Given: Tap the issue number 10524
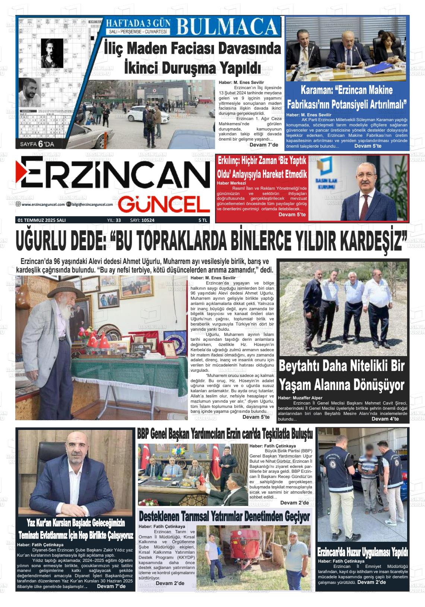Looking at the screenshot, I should [x=147, y=220].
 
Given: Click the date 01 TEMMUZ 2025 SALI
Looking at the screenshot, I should [x=42, y=220].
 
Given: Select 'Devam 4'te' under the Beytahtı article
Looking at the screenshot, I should [x=385, y=419].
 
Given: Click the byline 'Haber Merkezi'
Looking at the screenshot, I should [x=231, y=183].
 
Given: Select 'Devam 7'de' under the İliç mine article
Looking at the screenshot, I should [x=264, y=145].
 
